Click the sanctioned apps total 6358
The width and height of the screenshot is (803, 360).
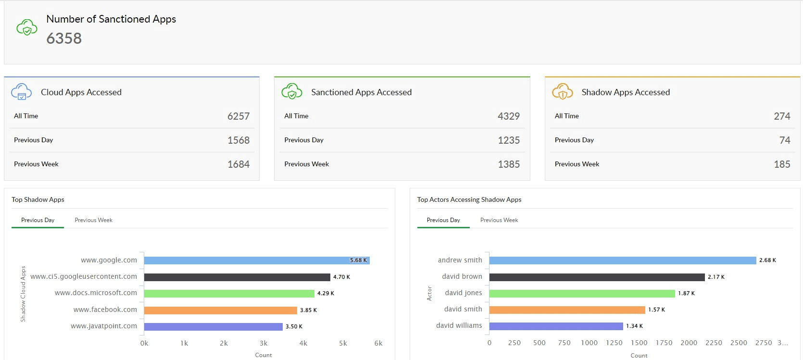click(x=64, y=38)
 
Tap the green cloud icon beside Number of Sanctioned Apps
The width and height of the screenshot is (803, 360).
click(x=27, y=27)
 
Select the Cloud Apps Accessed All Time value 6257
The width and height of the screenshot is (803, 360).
click(x=238, y=116)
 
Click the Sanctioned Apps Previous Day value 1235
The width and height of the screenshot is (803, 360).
click(x=509, y=140)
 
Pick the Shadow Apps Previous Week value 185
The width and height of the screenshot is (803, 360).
click(x=782, y=164)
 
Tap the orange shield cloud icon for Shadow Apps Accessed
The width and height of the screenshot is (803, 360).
click(x=562, y=91)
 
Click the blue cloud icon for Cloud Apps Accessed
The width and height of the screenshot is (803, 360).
click(x=22, y=91)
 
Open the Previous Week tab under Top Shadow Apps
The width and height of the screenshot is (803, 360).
click(x=93, y=220)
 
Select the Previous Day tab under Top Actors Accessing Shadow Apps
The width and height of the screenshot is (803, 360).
click(x=443, y=220)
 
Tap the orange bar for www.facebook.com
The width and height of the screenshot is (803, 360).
click(x=220, y=310)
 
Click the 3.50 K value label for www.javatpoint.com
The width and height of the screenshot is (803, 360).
click(x=294, y=327)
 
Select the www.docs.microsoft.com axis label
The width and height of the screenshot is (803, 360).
click(x=96, y=293)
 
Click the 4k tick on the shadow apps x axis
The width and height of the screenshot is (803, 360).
click(x=303, y=343)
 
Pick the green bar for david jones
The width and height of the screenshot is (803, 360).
click(x=582, y=294)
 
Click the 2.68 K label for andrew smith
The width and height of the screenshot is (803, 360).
click(x=767, y=261)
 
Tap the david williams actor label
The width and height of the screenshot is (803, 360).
click(x=459, y=325)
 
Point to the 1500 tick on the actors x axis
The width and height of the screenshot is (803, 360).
click(x=639, y=343)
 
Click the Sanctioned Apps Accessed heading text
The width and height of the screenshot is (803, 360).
click(x=361, y=92)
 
